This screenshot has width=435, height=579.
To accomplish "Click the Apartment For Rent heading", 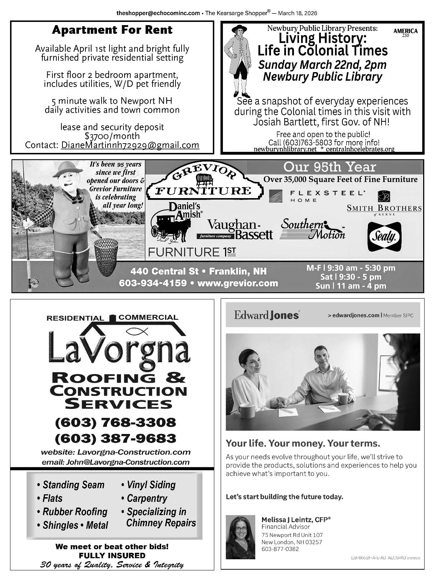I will coord(112,30).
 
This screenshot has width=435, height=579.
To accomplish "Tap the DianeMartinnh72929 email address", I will coord(130,145).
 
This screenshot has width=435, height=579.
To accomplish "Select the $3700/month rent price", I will coord(112,136).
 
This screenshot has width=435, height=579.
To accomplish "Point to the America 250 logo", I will coord(405,32).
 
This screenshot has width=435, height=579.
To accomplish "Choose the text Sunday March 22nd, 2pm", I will coord(322,65).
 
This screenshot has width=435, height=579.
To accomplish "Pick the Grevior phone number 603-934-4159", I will coord(153,283).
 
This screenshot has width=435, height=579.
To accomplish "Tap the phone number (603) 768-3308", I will coord(115,422).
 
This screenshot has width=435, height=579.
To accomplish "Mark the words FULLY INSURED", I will coord(112,556).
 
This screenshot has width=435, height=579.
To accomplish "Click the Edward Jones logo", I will coord(266,315).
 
